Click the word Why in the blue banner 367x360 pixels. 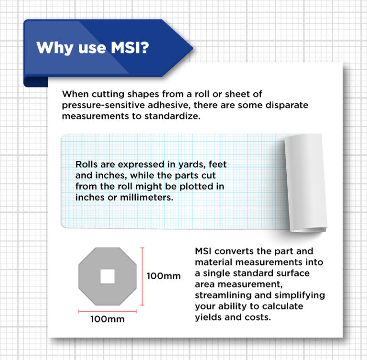click(52, 48)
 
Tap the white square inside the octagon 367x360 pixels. click(107, 276)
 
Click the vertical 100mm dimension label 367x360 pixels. click(163, 276)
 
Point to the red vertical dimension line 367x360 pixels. click(142, 276)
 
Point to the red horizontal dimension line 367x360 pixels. click(108, 310)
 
